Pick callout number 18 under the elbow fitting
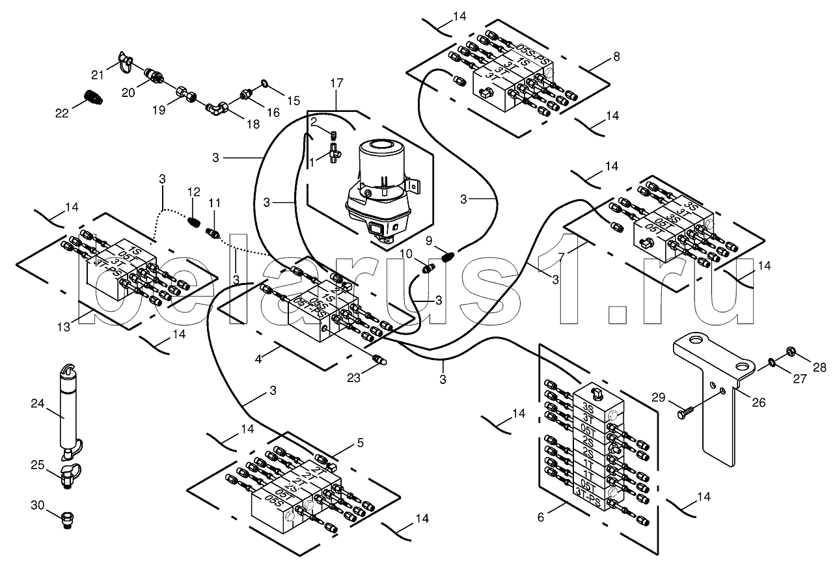click(x=252, y=124)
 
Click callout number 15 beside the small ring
click(x=294, y=100)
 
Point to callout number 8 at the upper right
click(x=616, y=57)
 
